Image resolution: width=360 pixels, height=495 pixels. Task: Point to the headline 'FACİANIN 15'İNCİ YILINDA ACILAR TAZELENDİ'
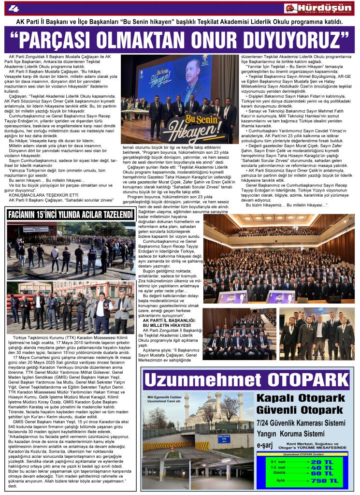[x=70, y=214]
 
